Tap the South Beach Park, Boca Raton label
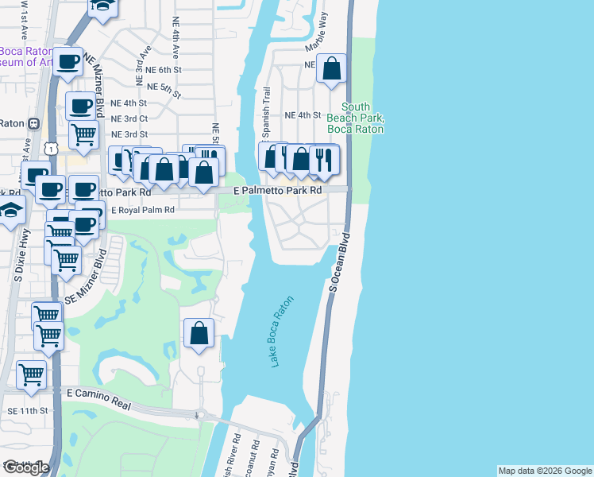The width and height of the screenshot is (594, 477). click(356, 118)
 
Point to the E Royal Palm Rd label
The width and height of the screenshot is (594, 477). click(142, 211)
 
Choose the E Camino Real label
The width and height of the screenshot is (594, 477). click(98, 398)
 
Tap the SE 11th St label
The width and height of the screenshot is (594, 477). click(28, 411)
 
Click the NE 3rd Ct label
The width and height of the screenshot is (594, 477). click(129, 118)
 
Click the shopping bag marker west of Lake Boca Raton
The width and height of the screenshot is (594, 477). click(199, 333)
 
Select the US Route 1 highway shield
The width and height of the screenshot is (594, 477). click(50, 148)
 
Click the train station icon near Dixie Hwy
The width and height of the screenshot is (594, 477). click(34, 123)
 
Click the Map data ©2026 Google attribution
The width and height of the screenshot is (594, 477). click(544, 471)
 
